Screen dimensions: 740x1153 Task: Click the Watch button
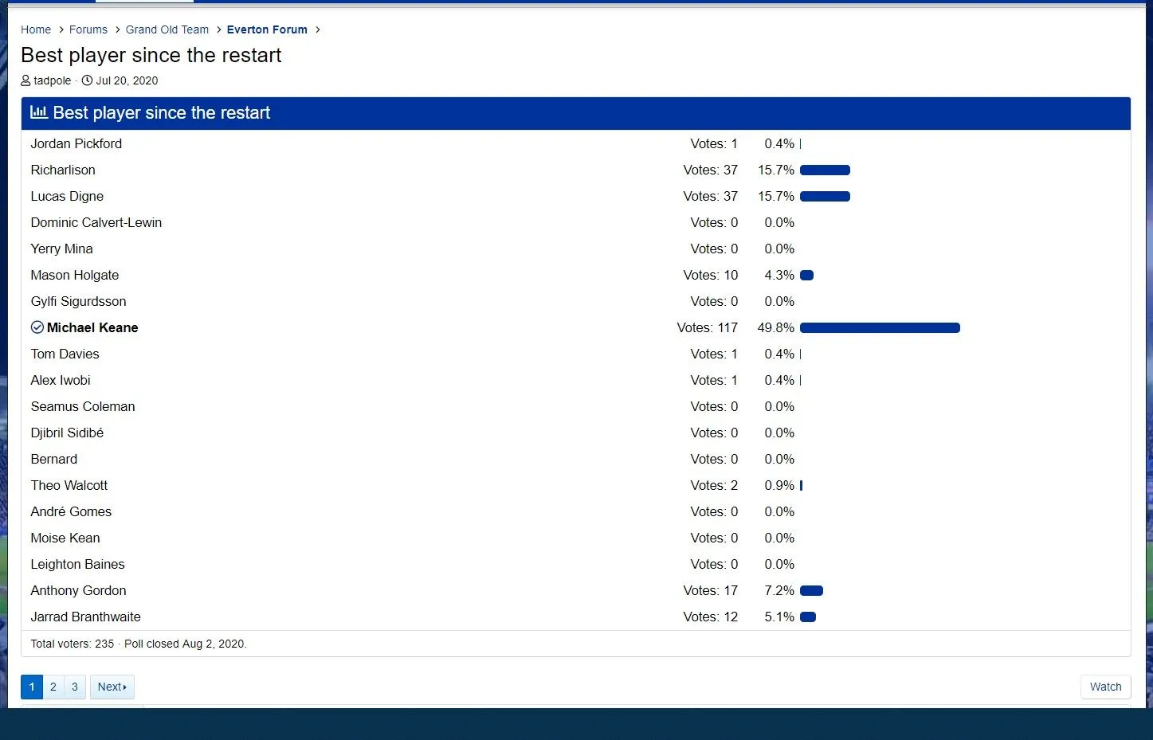tap(1105, 687)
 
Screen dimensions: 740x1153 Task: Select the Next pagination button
tap(112, 687)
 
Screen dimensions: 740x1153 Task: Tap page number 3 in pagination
tap(75, 687)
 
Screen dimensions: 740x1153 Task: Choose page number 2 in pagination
tap(53, 687)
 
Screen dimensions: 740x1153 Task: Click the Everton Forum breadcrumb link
tap(267, 29)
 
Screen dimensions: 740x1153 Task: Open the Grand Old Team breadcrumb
tap(167, 29)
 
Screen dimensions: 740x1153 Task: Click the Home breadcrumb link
tap(36, 29)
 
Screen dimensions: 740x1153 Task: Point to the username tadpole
tap(53, 80)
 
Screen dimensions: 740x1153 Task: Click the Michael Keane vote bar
tap(880, 327)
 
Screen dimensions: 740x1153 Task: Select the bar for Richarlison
tap(825, 170)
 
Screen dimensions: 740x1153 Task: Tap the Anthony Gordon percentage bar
tap(811, 590)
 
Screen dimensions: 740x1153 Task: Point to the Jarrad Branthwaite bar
tap(808, 617)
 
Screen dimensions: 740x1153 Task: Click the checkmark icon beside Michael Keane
tap(37, 327)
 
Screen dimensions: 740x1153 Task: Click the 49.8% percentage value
tap(775, 327)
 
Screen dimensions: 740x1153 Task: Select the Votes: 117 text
tap(707, 327)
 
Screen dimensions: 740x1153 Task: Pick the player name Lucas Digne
tap(67, 196)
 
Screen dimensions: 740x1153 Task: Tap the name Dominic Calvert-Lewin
tap(96, 222)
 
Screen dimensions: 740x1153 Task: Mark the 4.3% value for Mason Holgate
tap(779, 275)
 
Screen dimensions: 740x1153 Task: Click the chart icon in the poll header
tap(38, 112)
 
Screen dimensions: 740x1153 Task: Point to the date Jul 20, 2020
tap(127, 80)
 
